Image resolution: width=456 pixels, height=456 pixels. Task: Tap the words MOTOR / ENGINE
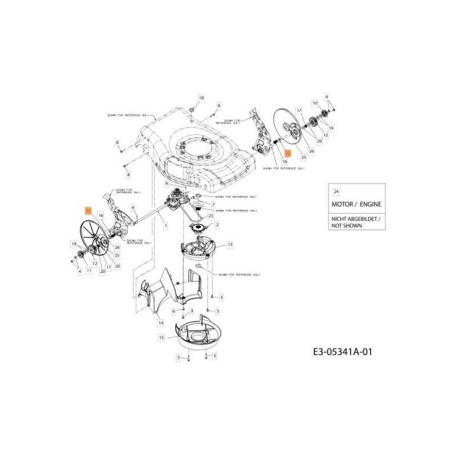coord(353,203)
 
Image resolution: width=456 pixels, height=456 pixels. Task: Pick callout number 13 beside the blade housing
coord(230,245)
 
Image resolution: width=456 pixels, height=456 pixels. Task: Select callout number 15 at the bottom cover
coord(161,337)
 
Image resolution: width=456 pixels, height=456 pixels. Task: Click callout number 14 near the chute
coord(161,323)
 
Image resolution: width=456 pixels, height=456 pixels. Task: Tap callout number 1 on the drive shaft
coord(166,226)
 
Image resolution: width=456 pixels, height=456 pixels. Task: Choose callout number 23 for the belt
coord(210,216)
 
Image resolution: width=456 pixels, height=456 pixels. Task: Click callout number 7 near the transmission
coord(213,204)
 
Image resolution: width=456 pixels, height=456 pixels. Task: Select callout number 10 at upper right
coord(315,103)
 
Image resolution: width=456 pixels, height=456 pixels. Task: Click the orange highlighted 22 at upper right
coord(288,153)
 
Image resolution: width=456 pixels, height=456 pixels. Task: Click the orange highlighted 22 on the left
coord(88,210)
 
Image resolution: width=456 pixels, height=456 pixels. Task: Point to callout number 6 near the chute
coord(174,311)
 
